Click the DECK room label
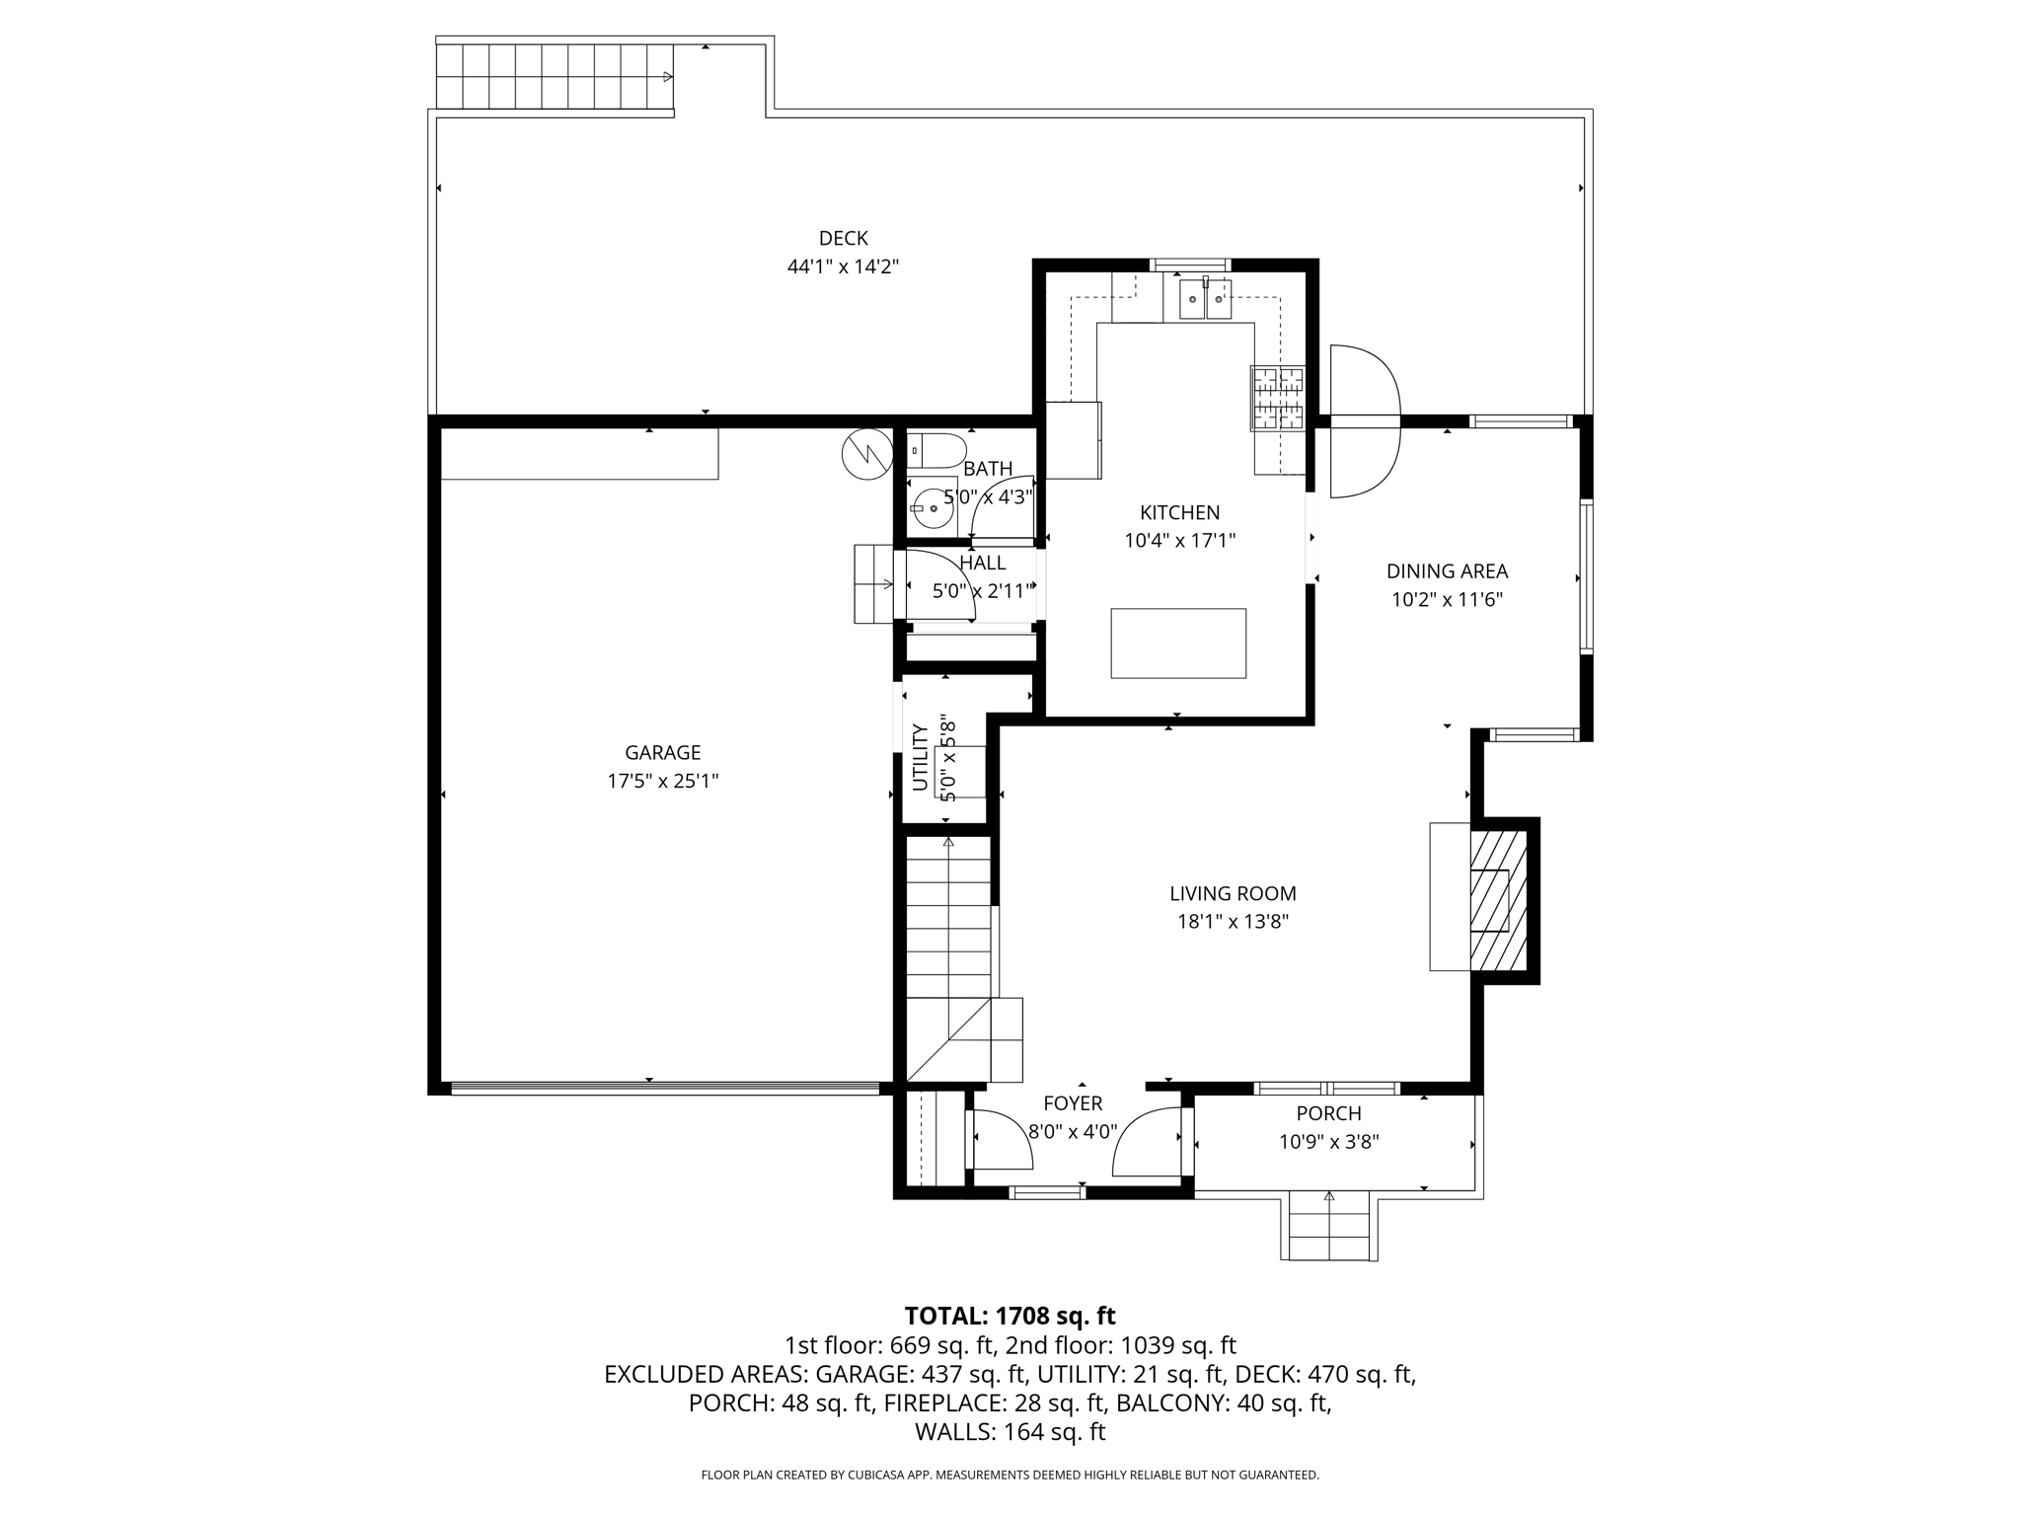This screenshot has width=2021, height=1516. [843, 238]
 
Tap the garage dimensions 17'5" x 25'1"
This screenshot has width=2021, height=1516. [662, 781]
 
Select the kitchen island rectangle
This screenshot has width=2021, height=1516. [1177, 643]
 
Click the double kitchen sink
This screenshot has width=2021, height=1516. [1205, 299]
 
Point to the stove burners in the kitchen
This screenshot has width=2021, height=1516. [1277, 398]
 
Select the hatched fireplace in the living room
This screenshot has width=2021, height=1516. [1499, 900]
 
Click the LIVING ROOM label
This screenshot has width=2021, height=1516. [1233, 893]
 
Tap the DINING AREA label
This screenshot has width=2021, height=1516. [1447, 570]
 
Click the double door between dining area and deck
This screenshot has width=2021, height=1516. [1365, 421]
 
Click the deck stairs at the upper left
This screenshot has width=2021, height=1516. [555, 77]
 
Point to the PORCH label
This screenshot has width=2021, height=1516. [1328, 1113]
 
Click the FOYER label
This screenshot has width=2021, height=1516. [1073, 1103]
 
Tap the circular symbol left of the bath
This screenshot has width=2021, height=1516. [866, 454]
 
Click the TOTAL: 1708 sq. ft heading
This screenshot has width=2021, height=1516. [1010, 1316]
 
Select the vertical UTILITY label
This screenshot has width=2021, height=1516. [920, 757]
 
